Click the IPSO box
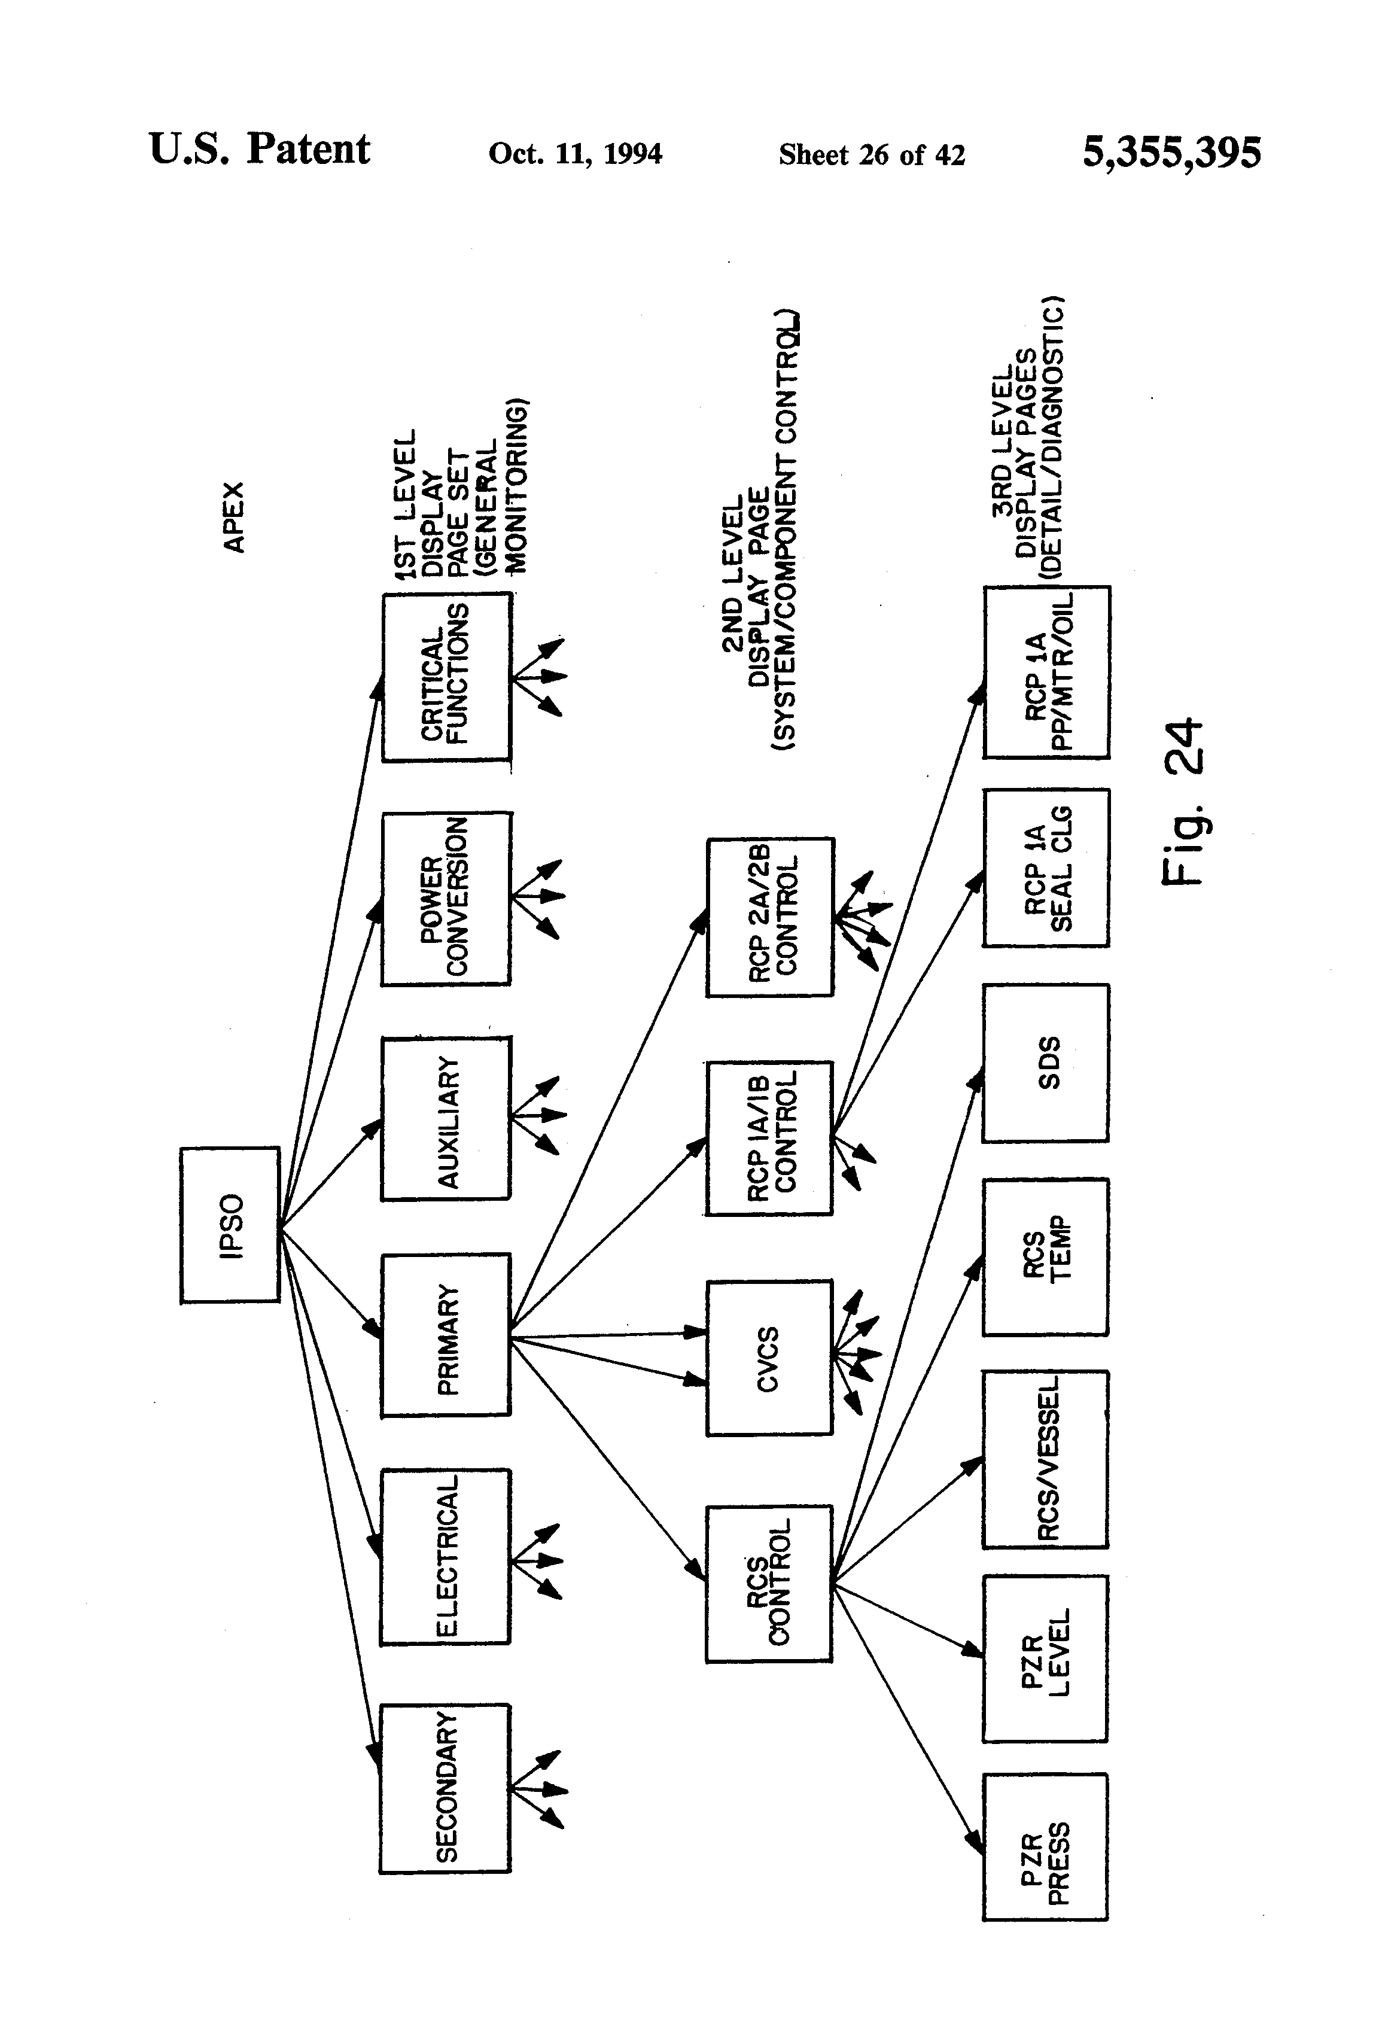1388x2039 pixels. click(230, 1224)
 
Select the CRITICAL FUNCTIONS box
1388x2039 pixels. click(446, 677)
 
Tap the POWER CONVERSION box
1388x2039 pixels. click(446, 899)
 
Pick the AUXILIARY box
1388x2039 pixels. click(446, 1119)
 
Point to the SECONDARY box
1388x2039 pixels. click(445, 1788)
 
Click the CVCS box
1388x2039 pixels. click(769, 1358)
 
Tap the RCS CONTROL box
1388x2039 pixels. click(769, 1584)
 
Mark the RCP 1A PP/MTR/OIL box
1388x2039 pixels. click(1047, 672)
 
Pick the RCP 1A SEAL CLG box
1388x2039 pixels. click(1046, 868)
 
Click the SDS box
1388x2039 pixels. click(1046, 1063)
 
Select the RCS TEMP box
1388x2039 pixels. click(1046, 1256)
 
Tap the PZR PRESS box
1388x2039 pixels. click(1045, 1859)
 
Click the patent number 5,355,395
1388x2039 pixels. click(1172, 153)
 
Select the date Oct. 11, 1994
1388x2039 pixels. click(576, 154)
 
